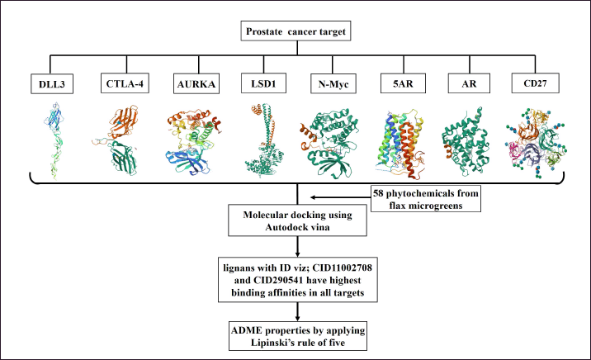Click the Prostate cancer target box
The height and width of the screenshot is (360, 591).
tap(295, 31)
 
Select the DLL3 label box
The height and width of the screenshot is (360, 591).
tap(52, 83)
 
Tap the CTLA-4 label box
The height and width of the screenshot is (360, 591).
tap(125, 83)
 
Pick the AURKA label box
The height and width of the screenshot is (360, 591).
tap(196, 83)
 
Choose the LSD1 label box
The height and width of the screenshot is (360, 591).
tap(263, 83)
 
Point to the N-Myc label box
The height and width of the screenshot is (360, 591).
tap(333, 83)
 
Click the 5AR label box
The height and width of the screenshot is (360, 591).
tap(404, 83)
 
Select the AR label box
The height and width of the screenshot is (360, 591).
tap(470, 83)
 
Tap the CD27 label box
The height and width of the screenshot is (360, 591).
tap(535, 83)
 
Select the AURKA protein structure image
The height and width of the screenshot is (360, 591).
tap(193, 142)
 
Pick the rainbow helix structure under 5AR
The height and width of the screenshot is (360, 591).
tap(402, 144)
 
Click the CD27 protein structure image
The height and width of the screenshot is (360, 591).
tap(536, 143)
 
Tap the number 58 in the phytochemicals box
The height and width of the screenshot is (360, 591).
tap(378, 193)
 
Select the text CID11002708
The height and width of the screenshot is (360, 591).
tap(343, 268)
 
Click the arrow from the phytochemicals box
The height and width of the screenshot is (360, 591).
tap(340, 197)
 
